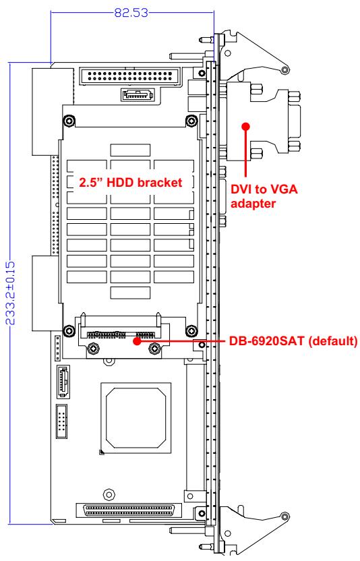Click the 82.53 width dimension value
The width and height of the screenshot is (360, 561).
tap(131, 13)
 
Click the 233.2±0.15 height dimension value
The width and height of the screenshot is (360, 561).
tap(11, 293)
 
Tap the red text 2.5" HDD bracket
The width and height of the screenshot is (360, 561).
tap(131, 183)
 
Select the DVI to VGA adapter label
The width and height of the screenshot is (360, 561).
tap(264, 196)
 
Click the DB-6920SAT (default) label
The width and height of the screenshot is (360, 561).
tap(293, 341)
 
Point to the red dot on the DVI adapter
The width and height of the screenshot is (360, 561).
tap(245, 126)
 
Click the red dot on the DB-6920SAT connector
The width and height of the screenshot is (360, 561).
tap(137, 341)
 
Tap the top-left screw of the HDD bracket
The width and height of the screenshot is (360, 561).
tap(68, 121)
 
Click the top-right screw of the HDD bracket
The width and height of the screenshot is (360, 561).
tap(191, 121)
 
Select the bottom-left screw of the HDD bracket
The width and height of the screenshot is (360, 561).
tap(68, 330)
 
